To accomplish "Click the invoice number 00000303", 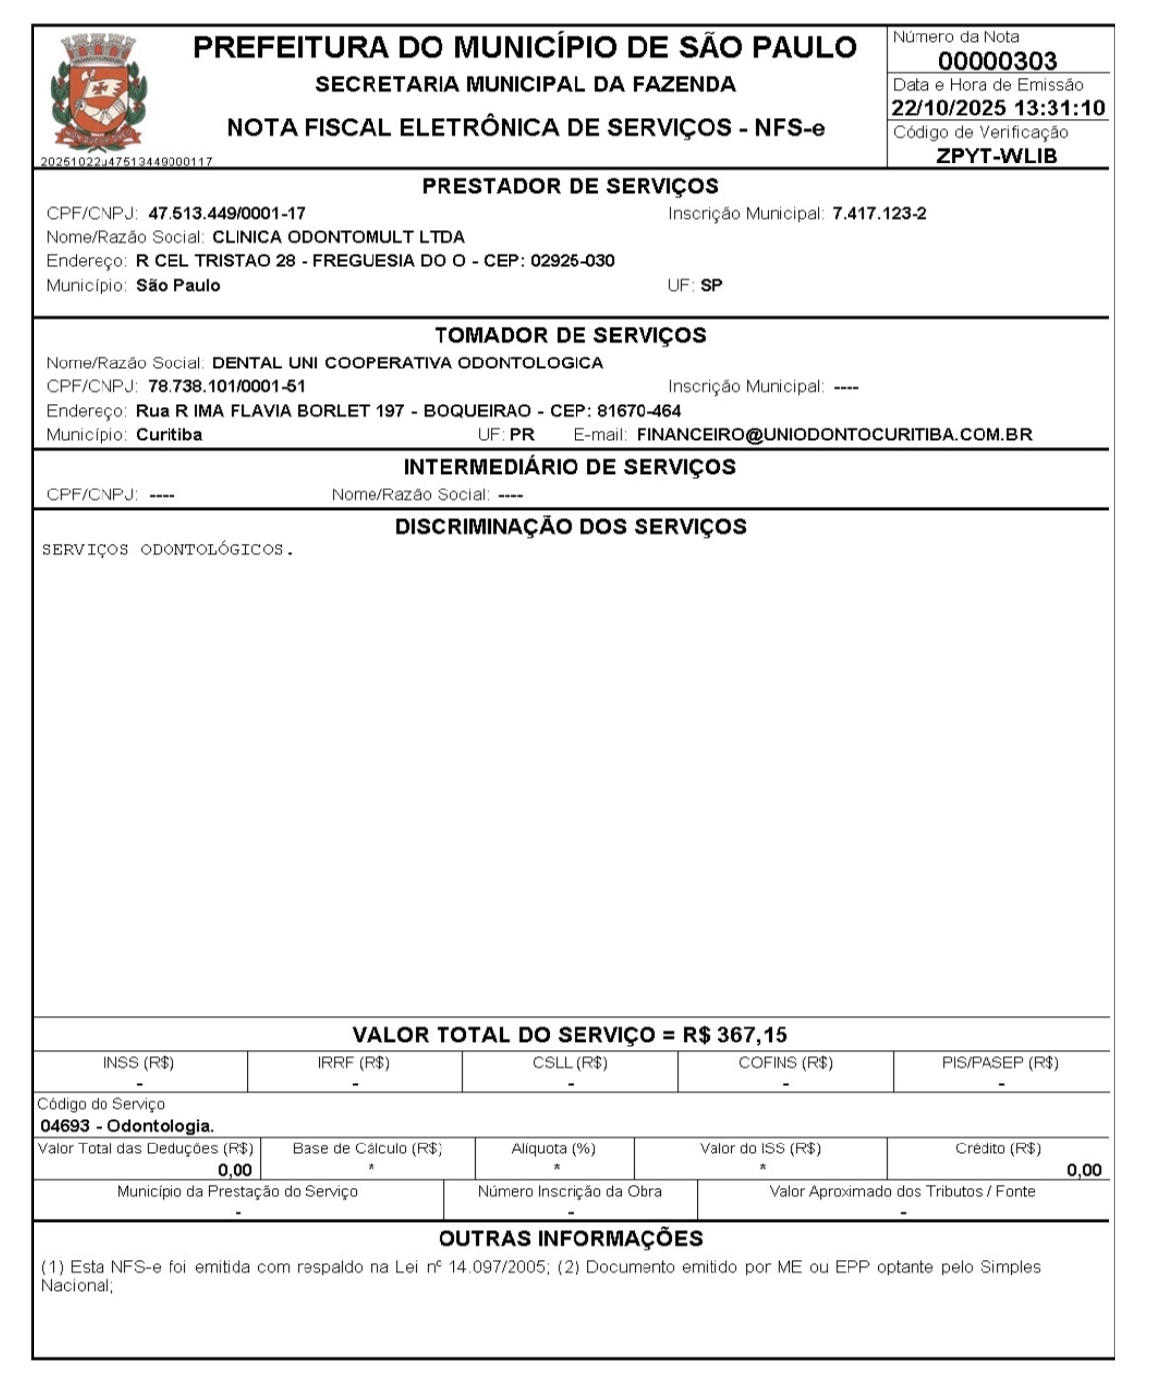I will coord(997,61).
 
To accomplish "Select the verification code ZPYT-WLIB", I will coord(996,156).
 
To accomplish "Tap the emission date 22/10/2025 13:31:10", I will coord(997,108).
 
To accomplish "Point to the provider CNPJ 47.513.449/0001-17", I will coord(227,213).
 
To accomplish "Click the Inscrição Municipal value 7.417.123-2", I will coord(879,213).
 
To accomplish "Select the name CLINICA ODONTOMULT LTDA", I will coord(338,237).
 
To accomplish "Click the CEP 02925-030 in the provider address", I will coord(572,261).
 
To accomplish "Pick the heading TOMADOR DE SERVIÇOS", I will coord(570,335).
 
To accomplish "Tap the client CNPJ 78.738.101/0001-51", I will coord(227,386).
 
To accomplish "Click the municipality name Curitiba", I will coord(169,435).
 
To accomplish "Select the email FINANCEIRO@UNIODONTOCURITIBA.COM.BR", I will coord(834,435).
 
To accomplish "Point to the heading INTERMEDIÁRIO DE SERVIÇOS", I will coord(570,467).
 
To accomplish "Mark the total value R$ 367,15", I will coord(735,1035).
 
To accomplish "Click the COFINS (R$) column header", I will coord(785,1063).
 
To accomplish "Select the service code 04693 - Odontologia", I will coord(127,1126).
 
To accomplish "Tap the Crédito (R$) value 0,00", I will coord(1084,1170).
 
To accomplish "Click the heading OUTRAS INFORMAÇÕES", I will coord(570,1239).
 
